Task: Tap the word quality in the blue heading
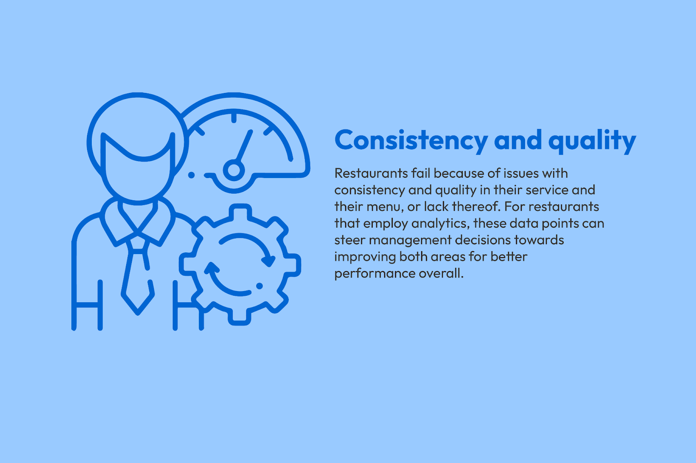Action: (x=592, y=141)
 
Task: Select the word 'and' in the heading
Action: (x=518, y=140)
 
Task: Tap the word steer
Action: (x=350, y=240)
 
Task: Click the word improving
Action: (x=365, y=257)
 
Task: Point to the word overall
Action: (x=441, y=273)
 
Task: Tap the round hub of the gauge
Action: (x=234, y=170)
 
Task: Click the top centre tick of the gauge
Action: (x=234, y=118)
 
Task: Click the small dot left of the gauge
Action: (x=191, y=175)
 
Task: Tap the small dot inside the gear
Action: (x=259, y=286)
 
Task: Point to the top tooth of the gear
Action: (x=240, y=211)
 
